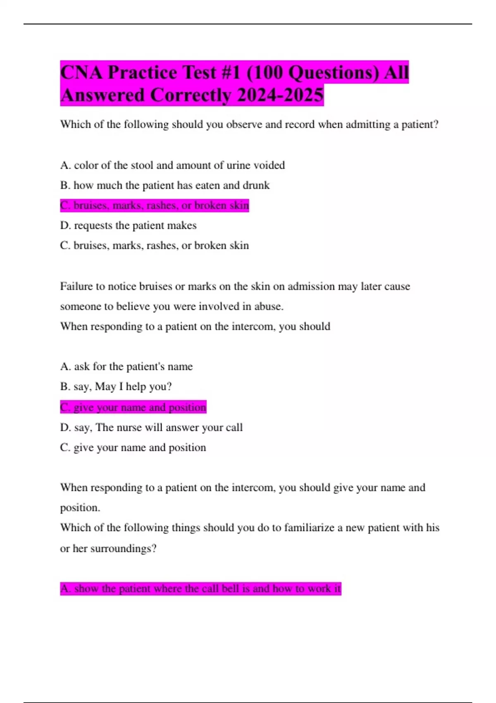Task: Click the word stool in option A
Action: [142, 165]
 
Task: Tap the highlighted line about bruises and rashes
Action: [154, 206]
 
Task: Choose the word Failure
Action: [75, 286]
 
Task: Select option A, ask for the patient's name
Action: [126, 366]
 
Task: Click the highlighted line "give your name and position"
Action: [133, 407]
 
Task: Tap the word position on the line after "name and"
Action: [80, 508]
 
